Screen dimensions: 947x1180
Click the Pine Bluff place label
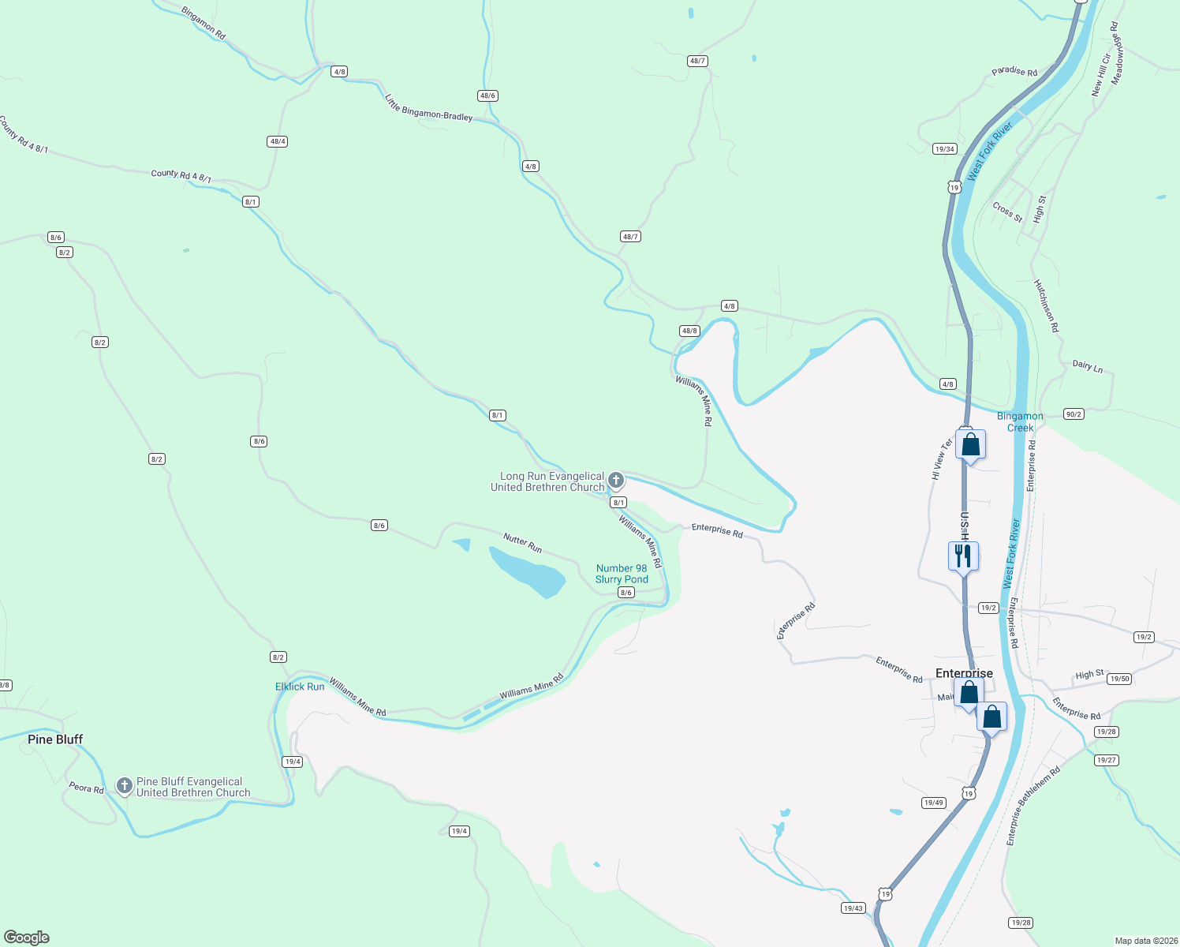[55, 739]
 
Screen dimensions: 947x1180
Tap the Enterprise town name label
[964, 673]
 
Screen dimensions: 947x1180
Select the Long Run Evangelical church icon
[616, 480]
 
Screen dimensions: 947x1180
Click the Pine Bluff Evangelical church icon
[124, 785]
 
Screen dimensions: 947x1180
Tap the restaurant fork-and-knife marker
[963, 556]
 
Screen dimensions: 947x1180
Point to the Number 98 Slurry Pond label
[622, 574]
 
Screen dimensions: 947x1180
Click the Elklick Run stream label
[300, 687]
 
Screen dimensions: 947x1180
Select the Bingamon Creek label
[1020, 421]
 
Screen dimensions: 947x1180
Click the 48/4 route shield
[277, 141]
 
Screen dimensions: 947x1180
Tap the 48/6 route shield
[487, 95]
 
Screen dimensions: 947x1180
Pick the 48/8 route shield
[689, 331]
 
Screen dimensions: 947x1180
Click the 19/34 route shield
[944, 148]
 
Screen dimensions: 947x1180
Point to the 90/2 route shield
[1074, 414]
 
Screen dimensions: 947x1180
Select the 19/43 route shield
[853, 908]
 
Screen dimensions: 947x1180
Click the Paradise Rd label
[1014, 71]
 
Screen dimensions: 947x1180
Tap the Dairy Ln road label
[1088, 365]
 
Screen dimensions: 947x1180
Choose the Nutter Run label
[522, 542]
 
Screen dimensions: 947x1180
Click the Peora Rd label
[86, 788]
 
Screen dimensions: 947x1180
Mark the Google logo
[27, 938]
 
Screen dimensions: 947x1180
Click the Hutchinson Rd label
[1046, 305]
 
